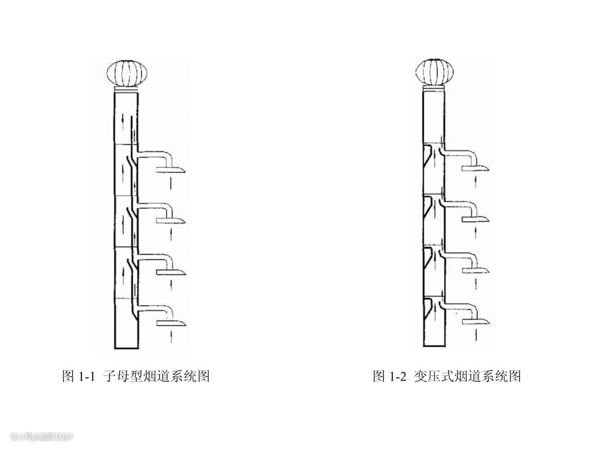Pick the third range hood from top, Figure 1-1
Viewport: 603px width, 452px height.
click(171, 272)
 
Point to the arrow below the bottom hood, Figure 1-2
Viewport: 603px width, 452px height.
click(476, 335)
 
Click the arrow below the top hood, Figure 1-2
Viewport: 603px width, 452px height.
click(476, 181)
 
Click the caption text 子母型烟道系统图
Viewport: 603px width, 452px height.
click(157, 376)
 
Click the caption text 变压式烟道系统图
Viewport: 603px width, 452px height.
click(467, 376)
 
